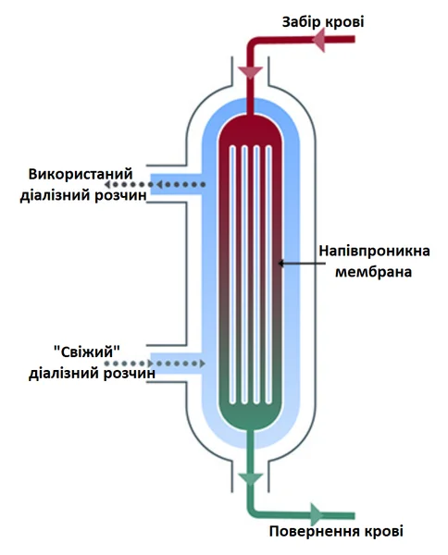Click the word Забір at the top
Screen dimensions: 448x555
click(302, 22)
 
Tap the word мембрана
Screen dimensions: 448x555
click(373, 272)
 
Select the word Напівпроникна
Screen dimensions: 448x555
click(374, 251)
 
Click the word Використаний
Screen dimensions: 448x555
click(81, 174)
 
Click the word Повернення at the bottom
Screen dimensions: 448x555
click(318, 532)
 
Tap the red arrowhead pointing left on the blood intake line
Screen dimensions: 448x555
click(318, 40)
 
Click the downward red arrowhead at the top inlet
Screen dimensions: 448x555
click(250, 72)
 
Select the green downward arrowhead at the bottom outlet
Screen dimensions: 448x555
click(250, 479)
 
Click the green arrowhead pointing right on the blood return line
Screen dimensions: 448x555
click(317, 514)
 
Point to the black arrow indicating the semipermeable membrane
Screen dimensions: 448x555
click(302, 264)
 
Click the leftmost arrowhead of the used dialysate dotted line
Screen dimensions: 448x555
click(107, 184)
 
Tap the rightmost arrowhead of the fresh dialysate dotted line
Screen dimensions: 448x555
click(202, 364)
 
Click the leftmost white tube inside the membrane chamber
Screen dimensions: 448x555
click(232, 275)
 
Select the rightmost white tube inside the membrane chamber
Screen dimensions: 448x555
click(268, 275)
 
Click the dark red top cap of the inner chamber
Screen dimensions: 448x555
click(251, 129)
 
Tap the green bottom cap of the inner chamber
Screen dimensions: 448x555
click(251, 417)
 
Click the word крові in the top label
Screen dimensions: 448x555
click(344, 22)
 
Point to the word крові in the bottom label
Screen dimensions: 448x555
click(387, 532)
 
